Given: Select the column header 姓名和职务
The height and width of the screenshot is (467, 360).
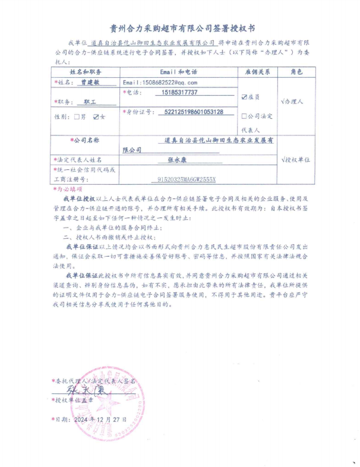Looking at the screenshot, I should [x=86, y=72].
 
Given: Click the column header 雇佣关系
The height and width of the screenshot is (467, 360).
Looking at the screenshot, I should [x=257, y=72].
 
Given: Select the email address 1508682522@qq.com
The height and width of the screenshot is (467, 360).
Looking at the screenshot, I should [x=159, y=83].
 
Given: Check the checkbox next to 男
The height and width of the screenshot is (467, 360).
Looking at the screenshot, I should [x=77, y=116].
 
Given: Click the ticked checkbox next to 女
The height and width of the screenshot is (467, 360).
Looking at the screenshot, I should [x=96, y=116].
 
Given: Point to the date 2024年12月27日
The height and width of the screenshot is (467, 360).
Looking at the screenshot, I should [x=100, y=419].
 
